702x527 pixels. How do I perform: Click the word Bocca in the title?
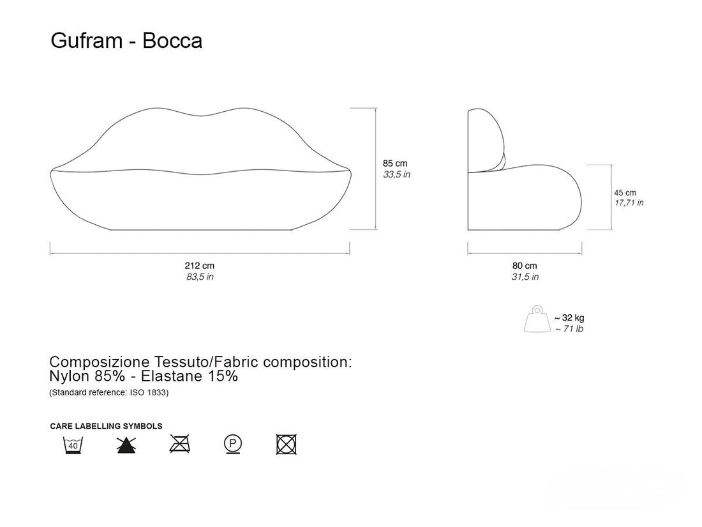coord(172,42)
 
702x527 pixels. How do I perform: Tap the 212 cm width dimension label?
coord(199,266)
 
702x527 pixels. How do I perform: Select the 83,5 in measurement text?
coord(199,277)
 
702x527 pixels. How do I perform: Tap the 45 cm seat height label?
coord(625,192)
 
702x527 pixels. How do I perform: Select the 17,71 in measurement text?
coord(629,203)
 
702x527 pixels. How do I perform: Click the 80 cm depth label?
coord(525,266)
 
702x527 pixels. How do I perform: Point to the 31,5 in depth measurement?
coord(525,277)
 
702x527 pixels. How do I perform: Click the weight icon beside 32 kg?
coord(535,319)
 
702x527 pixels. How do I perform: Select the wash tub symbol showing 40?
coord(73,444)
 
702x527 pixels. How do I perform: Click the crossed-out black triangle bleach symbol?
coord(126,445)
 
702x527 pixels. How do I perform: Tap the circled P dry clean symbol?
coord(233,443)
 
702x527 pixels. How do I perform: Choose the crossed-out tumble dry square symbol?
coord(287,444)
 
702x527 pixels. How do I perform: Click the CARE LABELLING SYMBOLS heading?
coord(106,426)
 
